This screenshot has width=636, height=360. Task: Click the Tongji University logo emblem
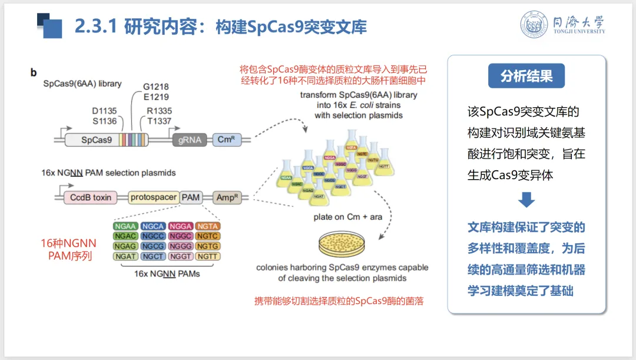click(534, 25)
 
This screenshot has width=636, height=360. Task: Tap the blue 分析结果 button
click(526, 76)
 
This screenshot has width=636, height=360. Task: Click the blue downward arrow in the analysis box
click(527, 201)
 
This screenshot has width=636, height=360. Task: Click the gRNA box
click(187, 140)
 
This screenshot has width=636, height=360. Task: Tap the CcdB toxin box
click(91, 197)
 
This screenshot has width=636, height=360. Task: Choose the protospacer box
click(153, 197)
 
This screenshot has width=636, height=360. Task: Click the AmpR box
click(226, 197)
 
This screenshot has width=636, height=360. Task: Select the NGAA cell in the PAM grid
click(125, 226)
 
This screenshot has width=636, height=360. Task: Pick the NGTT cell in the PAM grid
click(208, 256)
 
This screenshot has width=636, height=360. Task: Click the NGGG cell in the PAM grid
click(180, 246)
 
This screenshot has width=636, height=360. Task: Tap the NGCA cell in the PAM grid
click(153, 226)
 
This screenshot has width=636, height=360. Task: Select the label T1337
click(160, 121)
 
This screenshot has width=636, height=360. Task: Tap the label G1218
click(155, 87)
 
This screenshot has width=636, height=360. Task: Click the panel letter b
click(34, 72)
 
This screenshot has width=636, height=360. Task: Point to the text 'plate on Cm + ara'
click(347, 217)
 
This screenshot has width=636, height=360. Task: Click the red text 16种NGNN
click(68, 243)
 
